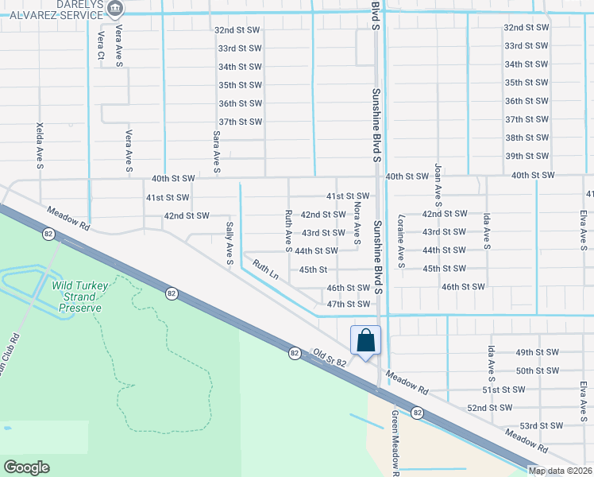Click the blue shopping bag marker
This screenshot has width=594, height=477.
[365, 340]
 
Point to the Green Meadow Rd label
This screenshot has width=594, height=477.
[394, 442]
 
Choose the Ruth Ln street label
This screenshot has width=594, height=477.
[265, 268]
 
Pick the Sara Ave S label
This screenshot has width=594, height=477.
[216, 152]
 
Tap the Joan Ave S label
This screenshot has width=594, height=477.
[437, 192]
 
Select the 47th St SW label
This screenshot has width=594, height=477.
[349, 304]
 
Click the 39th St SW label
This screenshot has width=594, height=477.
[526, 156]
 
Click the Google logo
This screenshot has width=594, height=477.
[26, 467]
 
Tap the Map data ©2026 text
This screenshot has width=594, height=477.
[560, 471]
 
